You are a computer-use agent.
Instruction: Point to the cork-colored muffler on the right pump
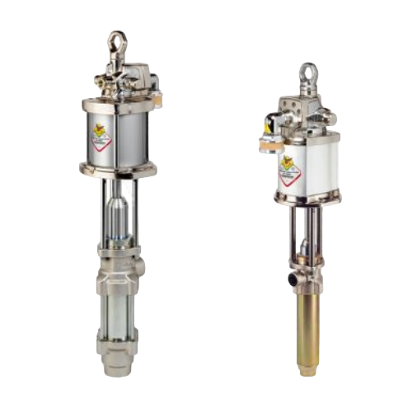(267, 140)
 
